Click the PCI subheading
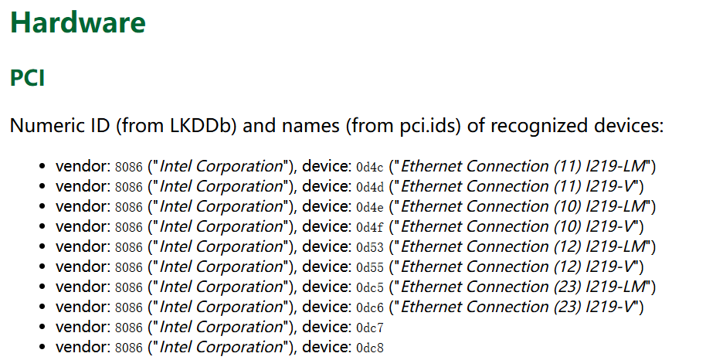click(x=27, y=78)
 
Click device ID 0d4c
click(x=370, y=167)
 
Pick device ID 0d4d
click(x=370, y=187)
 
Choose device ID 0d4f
click(x=370, y=227)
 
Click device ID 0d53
click(x=370, y=247)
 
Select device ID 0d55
click(x=370, y=267)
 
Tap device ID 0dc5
click(x=370, y=287)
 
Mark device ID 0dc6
click(x=370, y=307)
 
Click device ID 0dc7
click(x=370, y=328)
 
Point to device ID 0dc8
click(x=370, y=348)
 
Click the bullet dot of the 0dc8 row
click(x=43, y=347)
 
